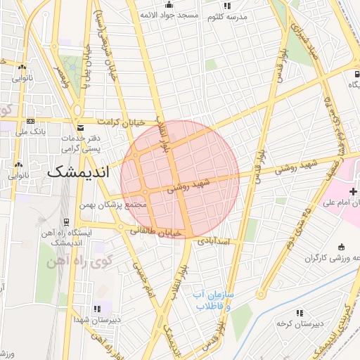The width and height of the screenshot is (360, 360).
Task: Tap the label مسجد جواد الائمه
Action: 168,14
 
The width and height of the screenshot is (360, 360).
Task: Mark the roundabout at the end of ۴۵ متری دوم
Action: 261,295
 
